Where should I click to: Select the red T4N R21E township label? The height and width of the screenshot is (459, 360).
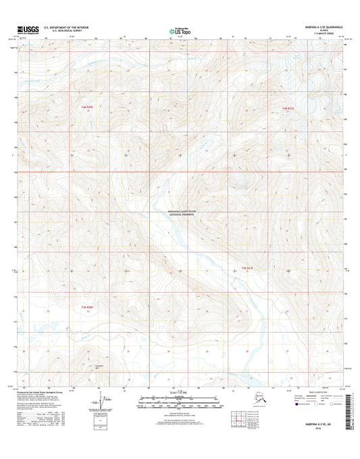point(288,107)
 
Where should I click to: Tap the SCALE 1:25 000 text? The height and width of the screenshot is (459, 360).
point(180,393)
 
